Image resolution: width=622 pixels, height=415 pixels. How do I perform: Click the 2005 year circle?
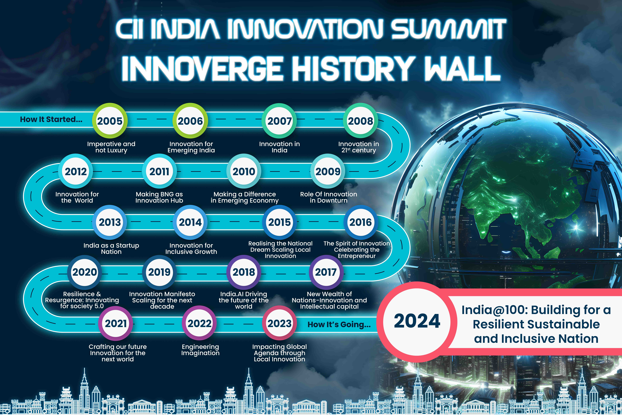click(110, 121)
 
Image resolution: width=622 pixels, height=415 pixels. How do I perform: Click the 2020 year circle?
click(85, 272)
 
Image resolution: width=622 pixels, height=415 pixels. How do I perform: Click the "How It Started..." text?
click(51, 119)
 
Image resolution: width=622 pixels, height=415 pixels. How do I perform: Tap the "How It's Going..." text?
click(339, 324)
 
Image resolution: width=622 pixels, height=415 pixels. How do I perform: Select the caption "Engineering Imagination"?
click(200, 350)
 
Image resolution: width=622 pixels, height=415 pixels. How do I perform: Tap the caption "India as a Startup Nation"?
click(111, 249)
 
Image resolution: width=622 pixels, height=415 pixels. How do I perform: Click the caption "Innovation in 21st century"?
click(359, 147)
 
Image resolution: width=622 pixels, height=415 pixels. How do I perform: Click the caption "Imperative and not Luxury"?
click(111, 147)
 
